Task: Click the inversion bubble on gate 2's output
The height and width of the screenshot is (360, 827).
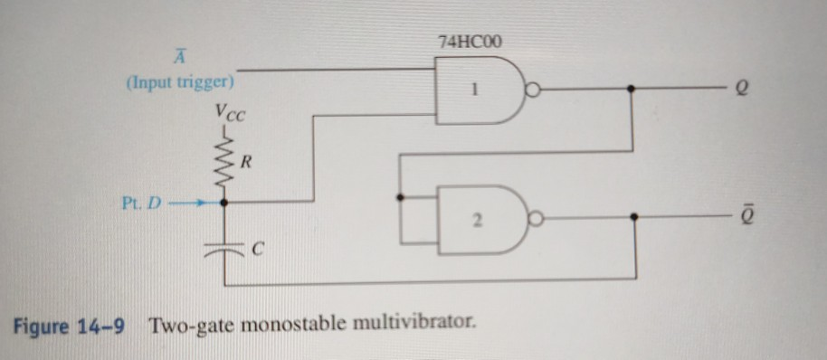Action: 537,217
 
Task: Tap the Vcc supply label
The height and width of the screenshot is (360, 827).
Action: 229,113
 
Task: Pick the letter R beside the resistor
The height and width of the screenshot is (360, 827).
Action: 247,165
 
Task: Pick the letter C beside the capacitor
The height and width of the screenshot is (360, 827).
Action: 256,249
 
